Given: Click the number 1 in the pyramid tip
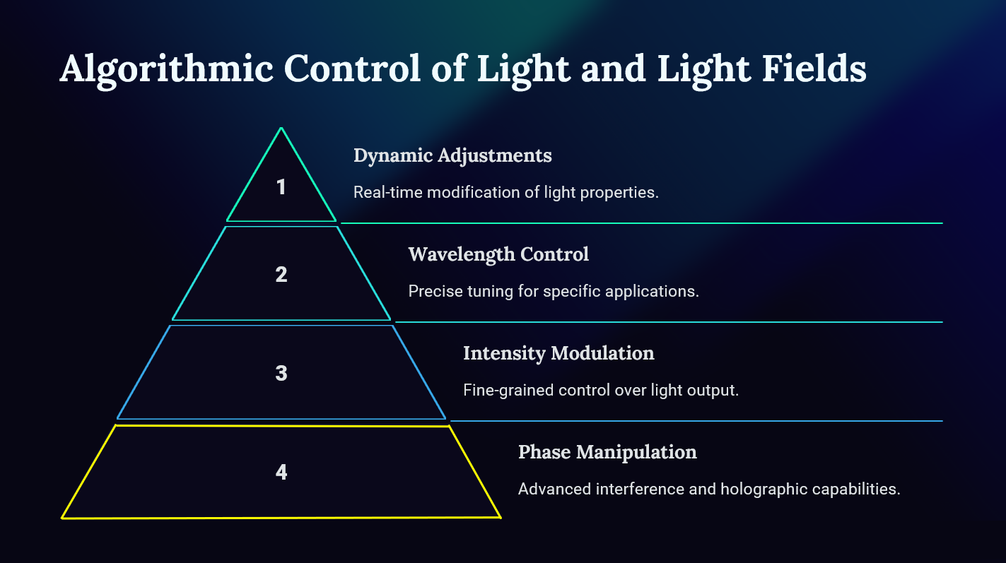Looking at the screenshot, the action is point(281,187).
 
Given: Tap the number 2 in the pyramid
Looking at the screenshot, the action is point(281,275).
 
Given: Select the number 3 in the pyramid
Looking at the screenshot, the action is point(281,373).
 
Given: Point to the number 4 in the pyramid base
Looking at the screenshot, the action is point(281,472).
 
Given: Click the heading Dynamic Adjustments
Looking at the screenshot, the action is point(452,156).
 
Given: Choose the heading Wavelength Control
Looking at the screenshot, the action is point(498,255).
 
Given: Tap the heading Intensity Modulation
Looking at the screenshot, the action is point(558,353).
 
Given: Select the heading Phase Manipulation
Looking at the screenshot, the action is point(607,452).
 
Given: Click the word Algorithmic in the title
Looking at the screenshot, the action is point(167,69).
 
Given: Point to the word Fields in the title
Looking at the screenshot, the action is point(814,69).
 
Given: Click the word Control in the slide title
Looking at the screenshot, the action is point(352,69).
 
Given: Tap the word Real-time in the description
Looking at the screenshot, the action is point(388,192).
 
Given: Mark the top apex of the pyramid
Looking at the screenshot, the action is point(281,129).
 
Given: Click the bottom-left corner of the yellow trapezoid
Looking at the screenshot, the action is point(62,518).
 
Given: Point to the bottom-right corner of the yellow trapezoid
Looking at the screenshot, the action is point(501,517).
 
